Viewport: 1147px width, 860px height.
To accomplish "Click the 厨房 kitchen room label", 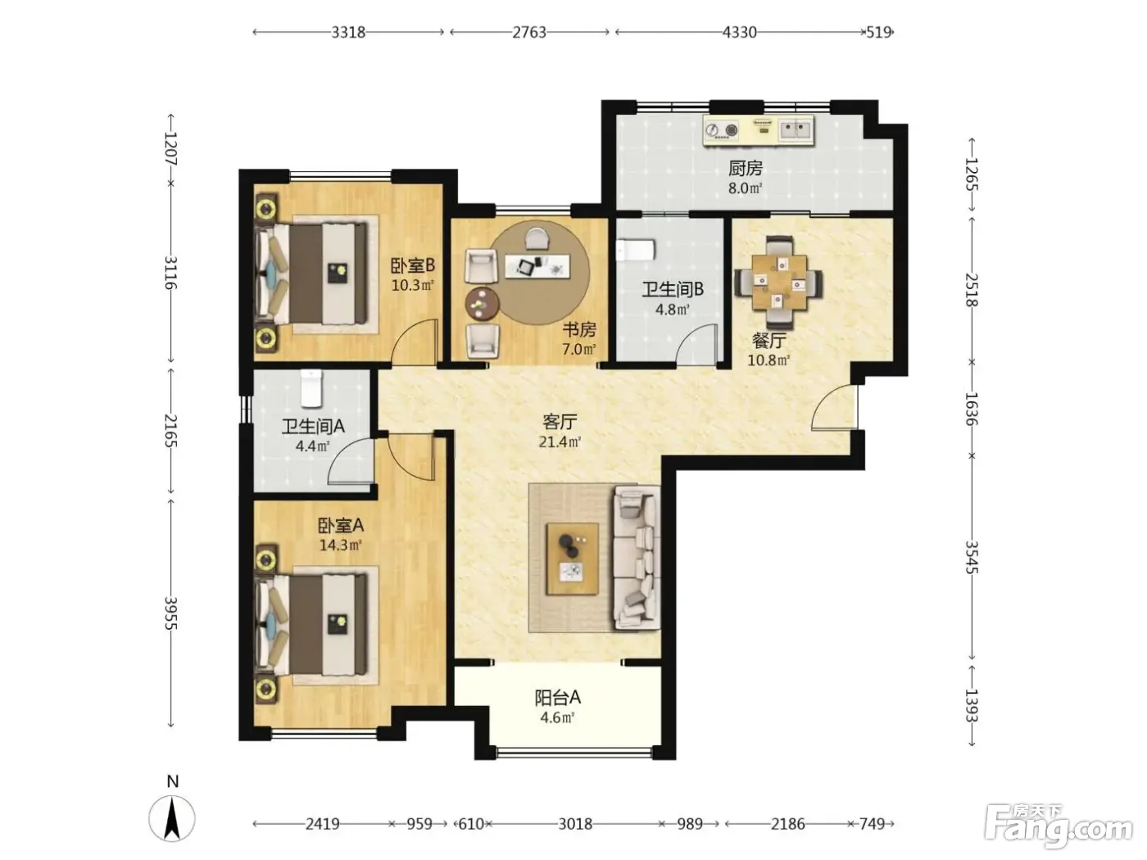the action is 746,168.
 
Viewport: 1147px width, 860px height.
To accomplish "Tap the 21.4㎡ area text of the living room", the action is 559,441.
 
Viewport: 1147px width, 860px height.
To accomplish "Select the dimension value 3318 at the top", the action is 348,33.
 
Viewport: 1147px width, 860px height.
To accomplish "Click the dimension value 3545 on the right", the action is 972,557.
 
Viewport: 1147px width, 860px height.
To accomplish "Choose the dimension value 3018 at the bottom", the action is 575,824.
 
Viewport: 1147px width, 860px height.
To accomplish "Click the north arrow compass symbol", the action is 172,818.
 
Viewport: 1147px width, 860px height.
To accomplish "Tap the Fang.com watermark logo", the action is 1059,826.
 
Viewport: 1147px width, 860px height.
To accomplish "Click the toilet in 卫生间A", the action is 311,388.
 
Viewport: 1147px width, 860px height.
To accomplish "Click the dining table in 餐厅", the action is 778,283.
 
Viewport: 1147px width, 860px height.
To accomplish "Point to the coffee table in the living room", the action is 572,559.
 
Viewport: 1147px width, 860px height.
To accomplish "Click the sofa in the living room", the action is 637,558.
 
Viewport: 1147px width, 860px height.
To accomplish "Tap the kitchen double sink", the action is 796,129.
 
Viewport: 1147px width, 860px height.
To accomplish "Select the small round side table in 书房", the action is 482,303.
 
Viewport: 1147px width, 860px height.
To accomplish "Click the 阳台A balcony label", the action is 558,697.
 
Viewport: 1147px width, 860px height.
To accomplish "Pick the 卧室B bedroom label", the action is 413,265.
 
